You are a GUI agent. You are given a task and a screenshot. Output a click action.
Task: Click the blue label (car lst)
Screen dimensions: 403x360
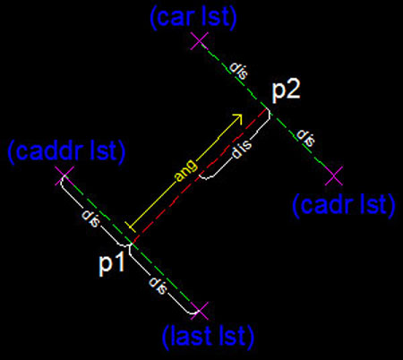coord(193,18)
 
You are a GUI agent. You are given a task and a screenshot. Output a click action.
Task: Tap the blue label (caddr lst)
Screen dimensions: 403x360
coord(66,152)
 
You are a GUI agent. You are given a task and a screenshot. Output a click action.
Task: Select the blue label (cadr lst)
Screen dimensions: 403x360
coord(344,205)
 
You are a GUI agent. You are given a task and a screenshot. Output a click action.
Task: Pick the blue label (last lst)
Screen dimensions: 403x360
coord(208,338)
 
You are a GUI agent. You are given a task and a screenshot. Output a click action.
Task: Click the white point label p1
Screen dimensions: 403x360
coord(111,263)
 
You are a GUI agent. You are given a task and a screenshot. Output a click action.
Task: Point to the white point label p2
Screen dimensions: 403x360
coord(286,90)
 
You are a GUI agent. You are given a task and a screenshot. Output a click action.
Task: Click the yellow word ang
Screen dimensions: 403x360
coord(186,171)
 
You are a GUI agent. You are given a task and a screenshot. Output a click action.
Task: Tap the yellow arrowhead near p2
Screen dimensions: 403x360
coord(238,118)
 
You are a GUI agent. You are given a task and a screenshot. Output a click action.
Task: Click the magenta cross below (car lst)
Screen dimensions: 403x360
coord(200,41)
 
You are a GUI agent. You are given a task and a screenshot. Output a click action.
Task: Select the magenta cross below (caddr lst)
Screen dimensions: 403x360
coord(64,176)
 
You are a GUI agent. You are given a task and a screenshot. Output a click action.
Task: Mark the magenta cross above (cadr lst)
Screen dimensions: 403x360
coord(334,176)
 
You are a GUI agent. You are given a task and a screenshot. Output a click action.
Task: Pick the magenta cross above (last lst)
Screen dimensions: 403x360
coord(200,311)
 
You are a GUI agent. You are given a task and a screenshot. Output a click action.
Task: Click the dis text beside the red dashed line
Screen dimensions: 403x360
coord(242,149)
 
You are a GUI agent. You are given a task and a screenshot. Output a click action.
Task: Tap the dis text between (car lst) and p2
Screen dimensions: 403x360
coord(238,71)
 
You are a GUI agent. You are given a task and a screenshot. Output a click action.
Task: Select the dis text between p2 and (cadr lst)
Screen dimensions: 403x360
coord(305,138)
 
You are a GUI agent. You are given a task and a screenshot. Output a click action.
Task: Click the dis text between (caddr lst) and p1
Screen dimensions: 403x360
coord(90,219)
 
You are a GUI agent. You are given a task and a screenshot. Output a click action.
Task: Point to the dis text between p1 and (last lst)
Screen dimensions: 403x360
coord(158,286)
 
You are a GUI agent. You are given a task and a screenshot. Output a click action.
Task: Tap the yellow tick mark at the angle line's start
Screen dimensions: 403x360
coord(131,227)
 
